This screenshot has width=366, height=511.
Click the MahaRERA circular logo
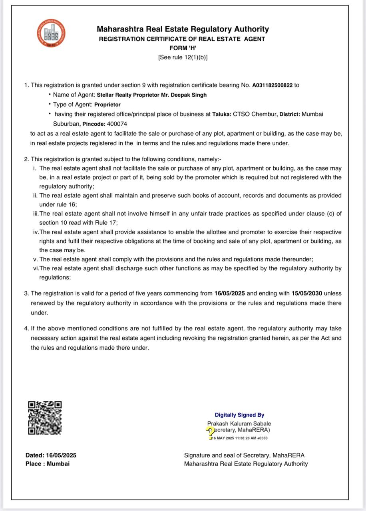pos(51,33)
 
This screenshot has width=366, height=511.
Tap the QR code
pos(45,418)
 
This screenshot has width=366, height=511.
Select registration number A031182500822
pos(272,85)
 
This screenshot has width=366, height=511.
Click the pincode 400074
pos(117,124)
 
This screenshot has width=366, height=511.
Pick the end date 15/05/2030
pos(307,293)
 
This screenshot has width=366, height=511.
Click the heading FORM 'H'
pos(183,48)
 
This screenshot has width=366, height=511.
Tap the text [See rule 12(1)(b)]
pos(183,57)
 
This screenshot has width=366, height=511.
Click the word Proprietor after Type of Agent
pos(107,105)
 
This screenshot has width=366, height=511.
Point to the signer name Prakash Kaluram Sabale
pos(239,424)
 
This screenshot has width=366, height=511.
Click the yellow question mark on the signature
pos(211,432)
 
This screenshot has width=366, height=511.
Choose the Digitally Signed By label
pos(239,415)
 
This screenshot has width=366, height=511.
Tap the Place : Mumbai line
pos(47,464)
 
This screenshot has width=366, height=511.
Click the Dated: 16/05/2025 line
pos(51,455)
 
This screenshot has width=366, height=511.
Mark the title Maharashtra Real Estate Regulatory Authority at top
pos(183,29)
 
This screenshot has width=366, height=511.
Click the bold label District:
pos(290,114)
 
